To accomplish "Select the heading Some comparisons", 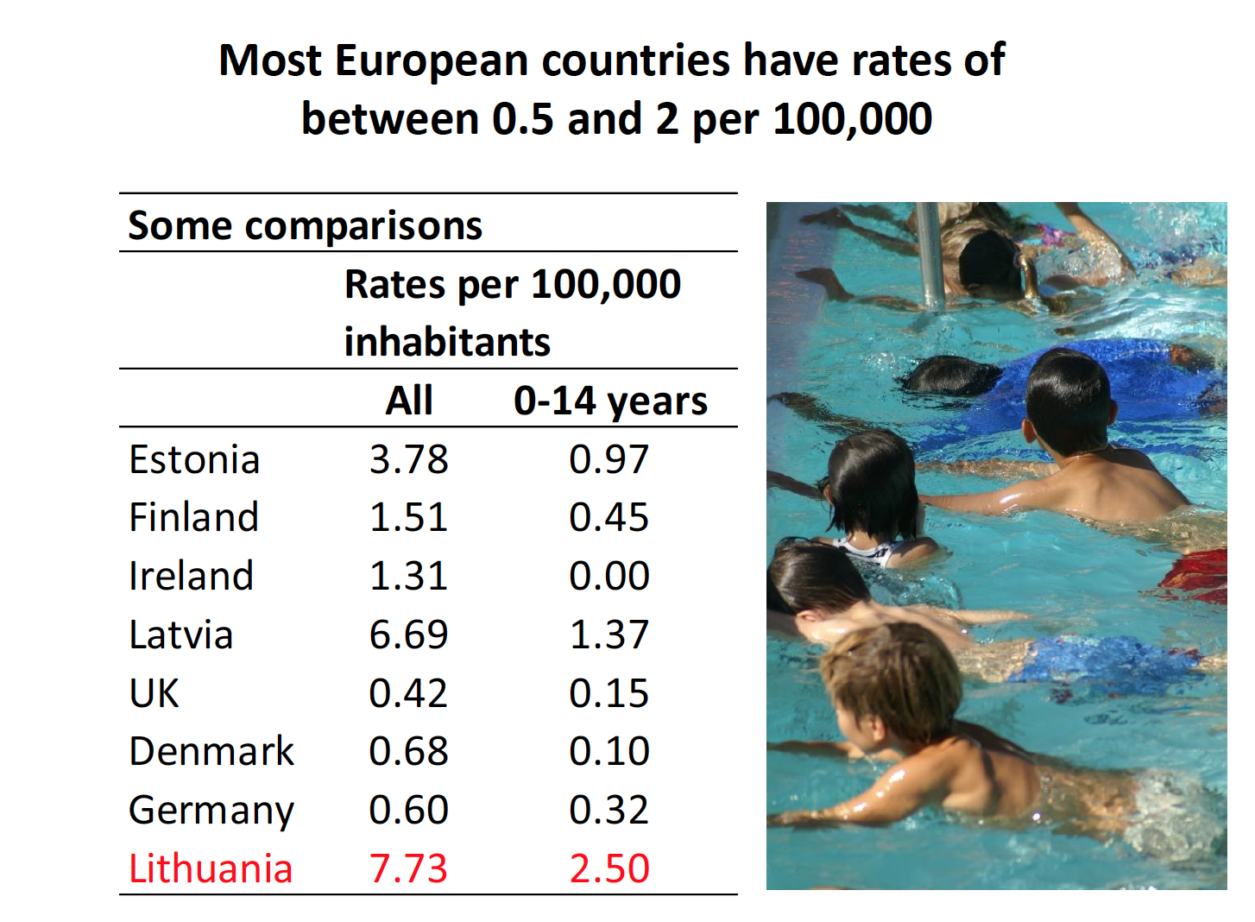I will (x=305, y=226).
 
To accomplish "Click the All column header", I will (x=409, y=401).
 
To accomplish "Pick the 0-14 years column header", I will (x=610, y=401).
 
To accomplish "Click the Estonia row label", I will (x=194, y=460).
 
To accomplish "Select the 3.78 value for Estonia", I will (x=408, y=460).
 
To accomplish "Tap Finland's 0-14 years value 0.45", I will (x=609, y=518).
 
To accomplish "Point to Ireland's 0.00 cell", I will (x=609, y=577).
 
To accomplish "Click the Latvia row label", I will (x=181, y=635).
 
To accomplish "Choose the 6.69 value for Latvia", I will (x=408, y=635).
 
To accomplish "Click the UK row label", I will (x=154, y=694).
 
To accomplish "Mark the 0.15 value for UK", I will (x=609, y=694).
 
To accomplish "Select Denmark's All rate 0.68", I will (x=408, y=752).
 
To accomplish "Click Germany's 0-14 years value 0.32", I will (x=609, y=811).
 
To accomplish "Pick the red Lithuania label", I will (x=211, y=869).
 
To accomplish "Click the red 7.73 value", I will (x=408, y=869).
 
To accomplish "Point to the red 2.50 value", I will (x=609, y=869).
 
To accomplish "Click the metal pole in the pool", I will (x=928, y=255).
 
